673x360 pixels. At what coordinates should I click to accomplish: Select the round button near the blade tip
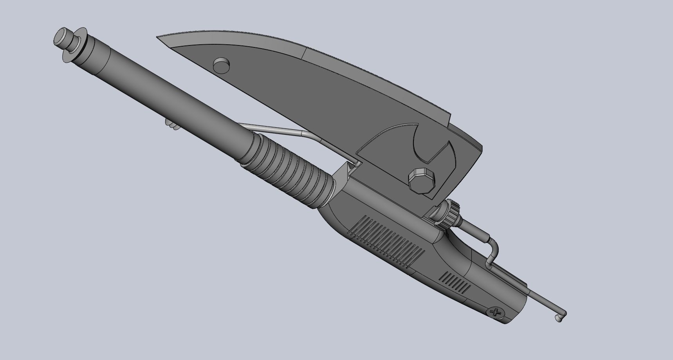coord(221,65)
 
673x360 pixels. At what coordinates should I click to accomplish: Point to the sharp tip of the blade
coord(159,38)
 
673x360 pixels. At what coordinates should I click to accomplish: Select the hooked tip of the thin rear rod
coord(561,315)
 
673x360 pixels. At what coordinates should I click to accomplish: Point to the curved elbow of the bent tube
coord(494,246)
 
